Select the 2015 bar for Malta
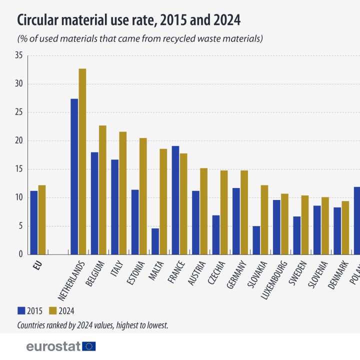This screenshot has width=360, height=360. coord(155,241)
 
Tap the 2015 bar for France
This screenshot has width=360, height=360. coord(175,200)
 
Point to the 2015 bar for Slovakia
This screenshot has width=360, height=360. coord(256,240)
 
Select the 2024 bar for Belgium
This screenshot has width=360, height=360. coord(102,190)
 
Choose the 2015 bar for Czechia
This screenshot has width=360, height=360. coord(216,234)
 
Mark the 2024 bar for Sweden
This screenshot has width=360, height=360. coord(305,224)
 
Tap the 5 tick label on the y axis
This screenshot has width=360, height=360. coord(21,226)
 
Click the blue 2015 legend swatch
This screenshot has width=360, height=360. coord(21,310)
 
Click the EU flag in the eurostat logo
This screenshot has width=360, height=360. coord(89,346)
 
